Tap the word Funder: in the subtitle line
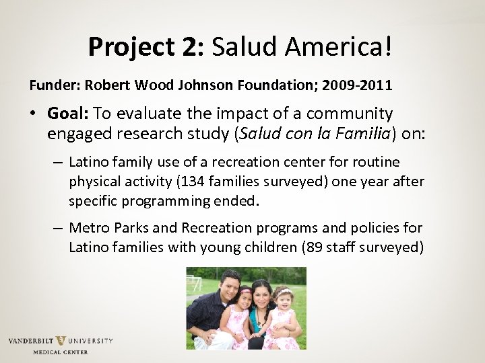pos(51,86)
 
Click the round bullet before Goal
pos(34,114)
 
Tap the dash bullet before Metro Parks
pos(58,227)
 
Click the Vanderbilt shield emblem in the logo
pos(61,341)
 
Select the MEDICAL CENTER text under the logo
pos(61,352)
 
